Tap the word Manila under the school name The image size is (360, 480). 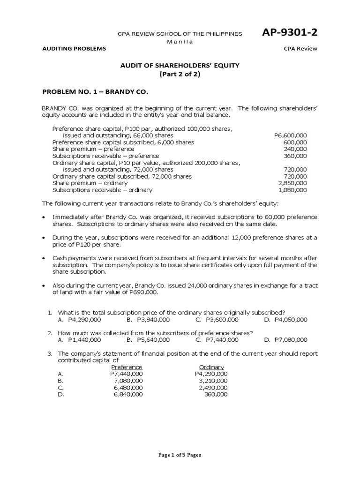180,42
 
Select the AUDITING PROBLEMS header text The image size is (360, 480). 74,49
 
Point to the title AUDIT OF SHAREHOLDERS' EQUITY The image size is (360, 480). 180,66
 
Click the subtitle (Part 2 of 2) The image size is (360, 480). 180,75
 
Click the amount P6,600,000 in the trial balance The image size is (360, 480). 291,135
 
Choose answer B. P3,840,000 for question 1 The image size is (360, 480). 148,319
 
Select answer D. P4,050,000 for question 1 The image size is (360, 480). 285,319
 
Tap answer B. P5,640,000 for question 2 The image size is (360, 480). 148,339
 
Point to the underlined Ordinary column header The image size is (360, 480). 211,367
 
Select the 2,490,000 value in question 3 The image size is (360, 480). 213,388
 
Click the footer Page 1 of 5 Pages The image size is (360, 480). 180,454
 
